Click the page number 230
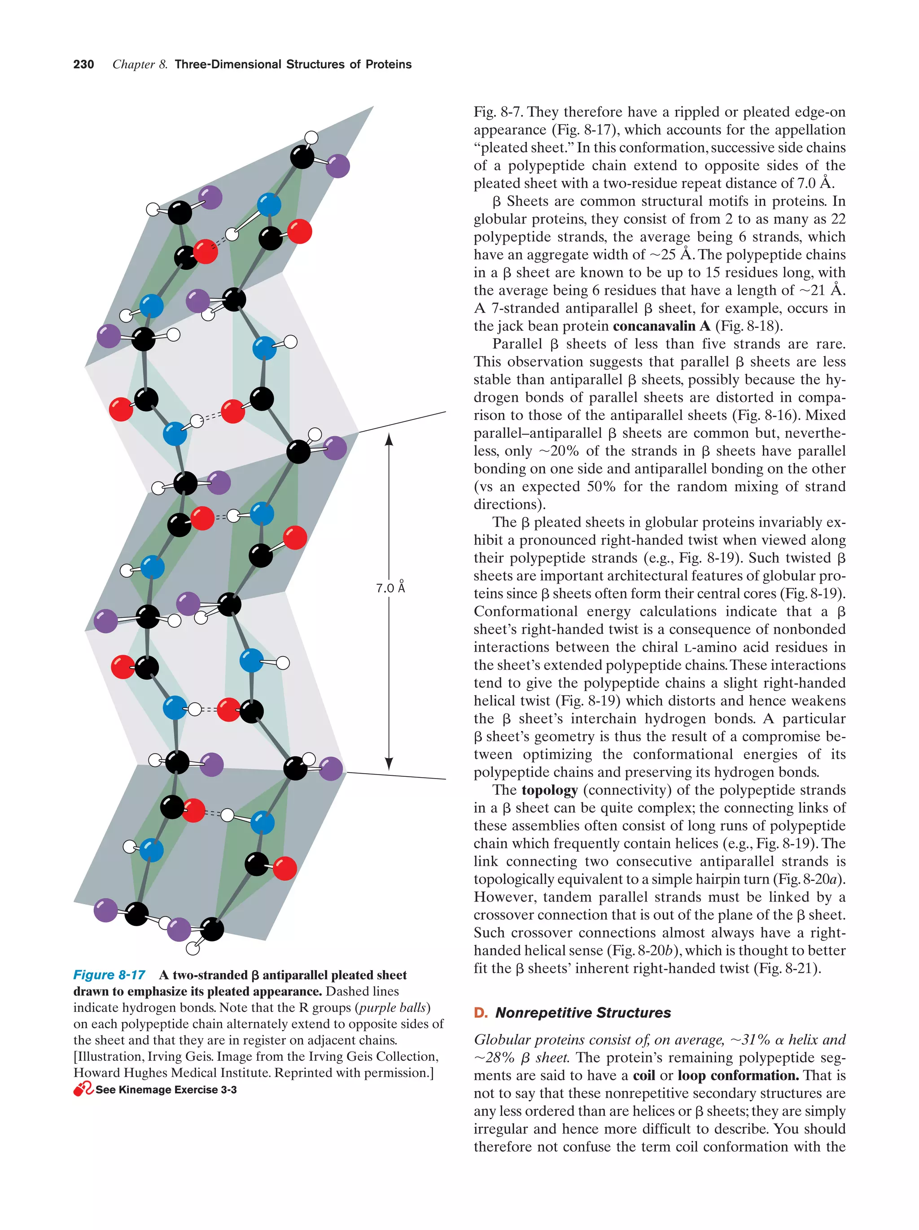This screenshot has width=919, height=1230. click(x=83, y=65)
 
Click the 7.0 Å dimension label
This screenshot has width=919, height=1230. click(x=390, y=588)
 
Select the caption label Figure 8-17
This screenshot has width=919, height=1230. click(x=109, y=975)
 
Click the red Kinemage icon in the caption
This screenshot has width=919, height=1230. click(x=83, y=1089)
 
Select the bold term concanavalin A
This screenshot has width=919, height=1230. click(x=661, y=326)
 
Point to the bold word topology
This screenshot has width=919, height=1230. click(x=549, y=790)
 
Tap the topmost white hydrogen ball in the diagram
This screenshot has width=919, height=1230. click(x=312, y=137)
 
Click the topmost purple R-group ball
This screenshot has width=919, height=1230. click(x=337, y=166)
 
